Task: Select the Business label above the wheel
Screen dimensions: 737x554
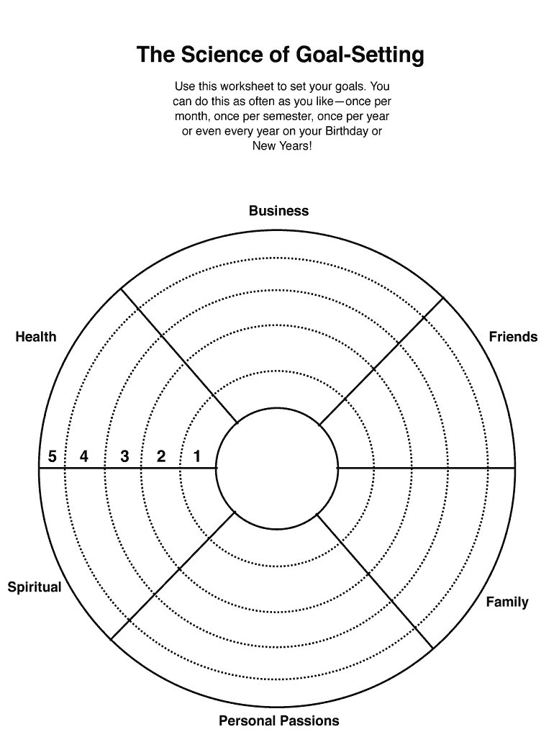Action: click(278, 211)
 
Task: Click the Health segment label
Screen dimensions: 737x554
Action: click(35, 337)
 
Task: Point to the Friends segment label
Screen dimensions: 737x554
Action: click(513, 337)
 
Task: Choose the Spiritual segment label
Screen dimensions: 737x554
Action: click(35, 587)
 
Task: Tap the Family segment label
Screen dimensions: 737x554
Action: click(507, 602)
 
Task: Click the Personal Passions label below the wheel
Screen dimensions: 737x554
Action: click(278, 720)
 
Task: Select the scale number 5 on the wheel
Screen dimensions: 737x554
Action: click(52, 456)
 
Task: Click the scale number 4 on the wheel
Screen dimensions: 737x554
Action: click(84, 456)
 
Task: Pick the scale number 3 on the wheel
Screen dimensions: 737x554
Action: click(124, 456)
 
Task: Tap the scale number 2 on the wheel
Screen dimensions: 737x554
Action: click(161, 456)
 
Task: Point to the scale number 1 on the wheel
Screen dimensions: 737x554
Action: click(197, 456)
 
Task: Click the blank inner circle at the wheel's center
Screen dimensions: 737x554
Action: click(277, 468)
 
